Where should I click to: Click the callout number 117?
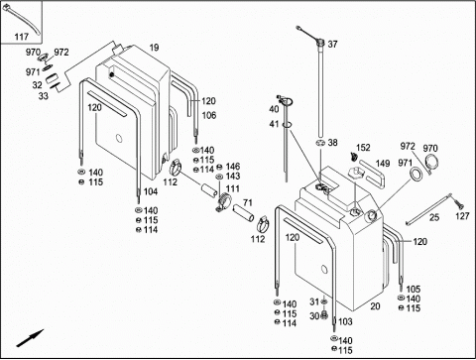pyautogui.click(x=21, y=37)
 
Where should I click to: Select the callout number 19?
pyautogui.click(x=154, y=48)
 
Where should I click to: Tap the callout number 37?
pyautogui.click(x=332, y=44)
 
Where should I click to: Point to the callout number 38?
pyautogui.click(x=332, y=143)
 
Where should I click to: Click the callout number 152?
pyautogui.click(x=363, y=148)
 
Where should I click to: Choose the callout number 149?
pyautogui.click(x=383, y=164)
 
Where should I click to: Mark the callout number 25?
pyautogui.click(x=434, y=217)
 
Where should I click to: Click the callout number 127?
pyautogui.click(x=462, y=216)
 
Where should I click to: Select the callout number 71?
pyautogui.click(x=248, y=202)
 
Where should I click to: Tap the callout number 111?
pyautogui.click(x=233, y=188)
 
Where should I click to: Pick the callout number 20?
pyautogui.click(x=375, y=306)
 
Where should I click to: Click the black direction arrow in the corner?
pyautogui.click(x=30, y=338)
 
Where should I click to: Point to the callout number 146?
pyautogui.click(x=233, y=167)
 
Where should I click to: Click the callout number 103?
pyautogui.click(x=345, y=321)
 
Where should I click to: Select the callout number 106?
pyautogui.click(x=209, y=115)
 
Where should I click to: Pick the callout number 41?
pyautogui.click(x=274, y=124)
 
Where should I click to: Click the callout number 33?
pyautogui.click(x=44, y=96)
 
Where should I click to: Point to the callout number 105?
pyautogui.click(x=414, y=290)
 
